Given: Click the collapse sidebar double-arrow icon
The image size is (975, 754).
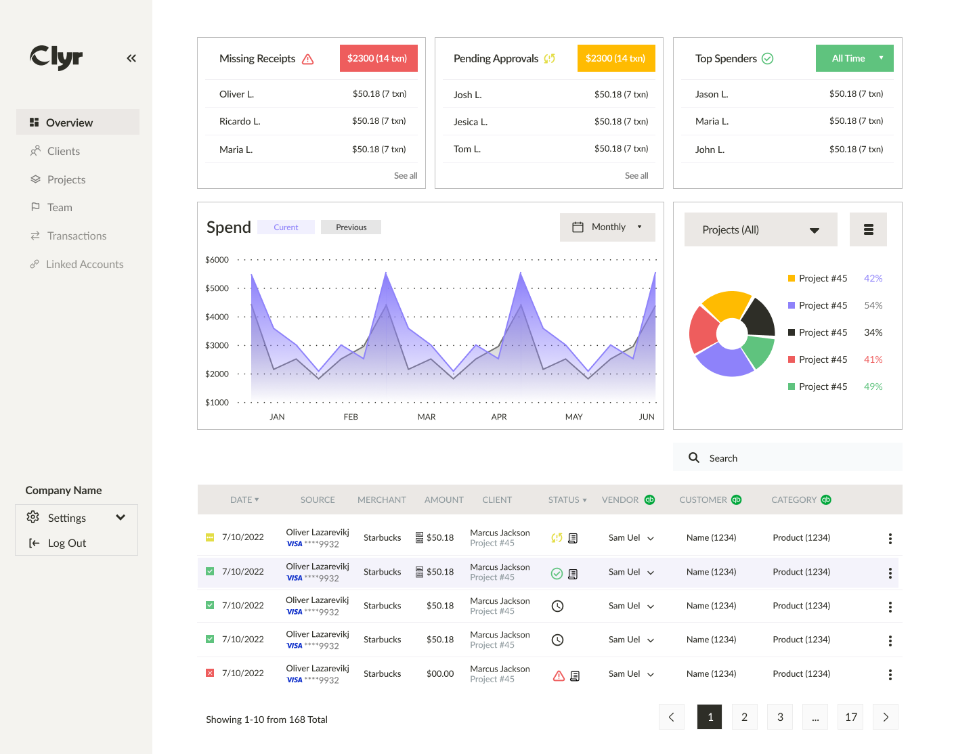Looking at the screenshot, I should pyautogui.click(x=131, y=58).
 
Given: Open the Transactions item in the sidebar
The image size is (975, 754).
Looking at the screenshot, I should pyautogui.click(x=77, y=236).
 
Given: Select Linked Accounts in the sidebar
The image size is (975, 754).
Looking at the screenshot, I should pyautogui.click(x=84, y=264).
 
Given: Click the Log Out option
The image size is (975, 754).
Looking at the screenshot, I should pyautogui.click(x=66, y=543).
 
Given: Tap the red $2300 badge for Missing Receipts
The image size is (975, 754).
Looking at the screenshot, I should pyautogui.click(x=378, y=58).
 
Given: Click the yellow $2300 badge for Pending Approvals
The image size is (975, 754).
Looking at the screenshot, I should pyautogui.click(x=615, y=58).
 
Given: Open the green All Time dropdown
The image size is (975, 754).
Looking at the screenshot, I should pyautogui.click(x=854, y=58).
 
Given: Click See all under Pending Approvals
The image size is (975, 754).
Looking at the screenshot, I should pyautogui.click(x=636, y=175).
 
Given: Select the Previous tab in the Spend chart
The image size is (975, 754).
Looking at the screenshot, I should pyautogui.click(x=351, y=227).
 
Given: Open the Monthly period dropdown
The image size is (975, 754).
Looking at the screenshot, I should pyautogui.click(x=607, y=227).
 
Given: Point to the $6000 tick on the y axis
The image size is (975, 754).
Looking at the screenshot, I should pyautogui.click(x=217, y=260).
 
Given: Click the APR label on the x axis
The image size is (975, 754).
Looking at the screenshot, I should pyautogui.click(x=499, y=417).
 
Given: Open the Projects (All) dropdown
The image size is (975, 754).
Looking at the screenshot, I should pyautogui.click(x=760, y=230).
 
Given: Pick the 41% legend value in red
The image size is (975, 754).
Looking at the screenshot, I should pyautogui.click(x=873, y=359).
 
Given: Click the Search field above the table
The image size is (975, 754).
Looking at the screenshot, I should pyautogui.click(x=787, y=458).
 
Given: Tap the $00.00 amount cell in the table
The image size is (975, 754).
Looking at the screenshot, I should pyautogui.click(x=440, y=674).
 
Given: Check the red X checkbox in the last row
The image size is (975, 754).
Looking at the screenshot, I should pyautogui.click(x=210, y=673).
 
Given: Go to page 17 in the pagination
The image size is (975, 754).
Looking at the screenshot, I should pyautogui.click(x=851, y=717).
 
